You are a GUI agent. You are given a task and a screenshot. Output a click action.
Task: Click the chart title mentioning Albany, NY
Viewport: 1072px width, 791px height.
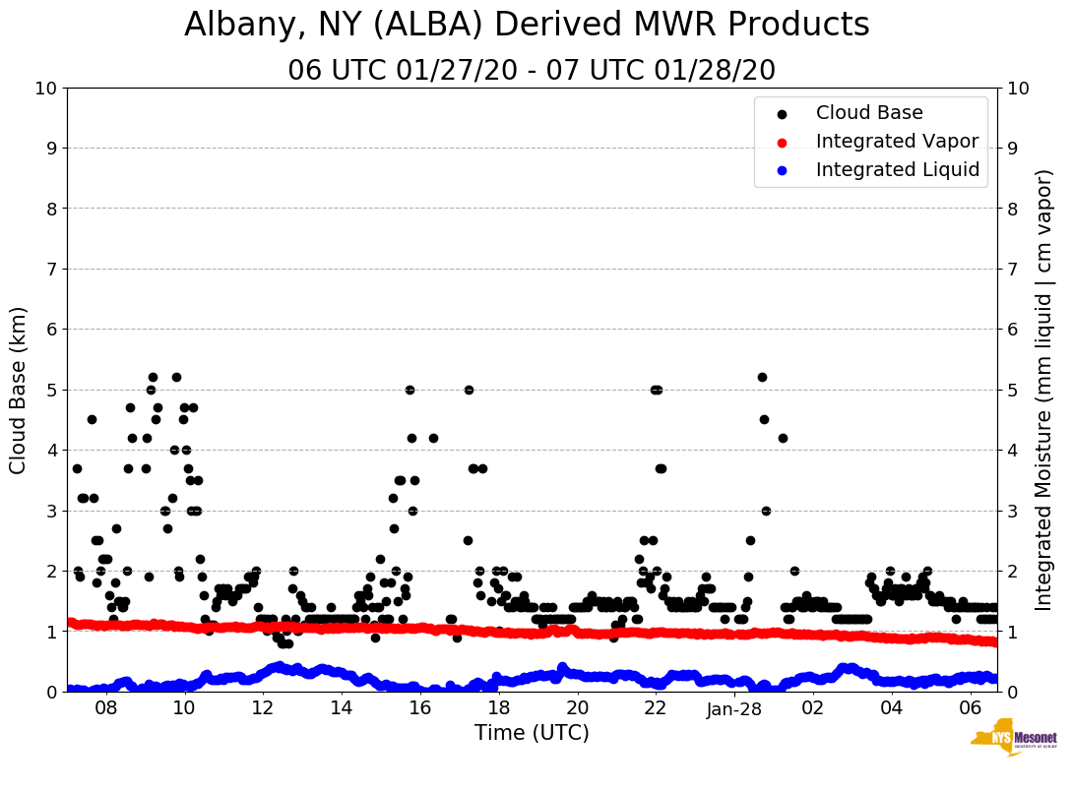click(x=527, y=25)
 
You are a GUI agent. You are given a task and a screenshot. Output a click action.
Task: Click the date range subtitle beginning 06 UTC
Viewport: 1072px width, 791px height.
click(x=532, y=71)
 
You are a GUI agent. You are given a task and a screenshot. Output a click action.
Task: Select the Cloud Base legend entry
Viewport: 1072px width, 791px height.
click(x=869, y=113)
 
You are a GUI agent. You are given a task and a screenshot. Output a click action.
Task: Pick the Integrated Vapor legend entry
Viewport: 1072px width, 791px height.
click(x=897, y=142)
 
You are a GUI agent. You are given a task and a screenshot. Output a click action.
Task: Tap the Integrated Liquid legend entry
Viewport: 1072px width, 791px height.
click(x=898, y=170)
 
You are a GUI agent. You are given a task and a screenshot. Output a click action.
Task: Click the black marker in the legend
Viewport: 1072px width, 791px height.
click(x=783, y=114)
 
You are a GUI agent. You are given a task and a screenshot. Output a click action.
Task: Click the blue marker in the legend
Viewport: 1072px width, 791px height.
click(x=783, y=171)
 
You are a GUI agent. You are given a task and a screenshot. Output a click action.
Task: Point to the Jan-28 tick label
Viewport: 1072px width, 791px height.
click(x=734, y=707)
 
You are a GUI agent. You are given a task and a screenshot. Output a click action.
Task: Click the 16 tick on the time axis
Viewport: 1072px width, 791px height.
click(x=420, y=707)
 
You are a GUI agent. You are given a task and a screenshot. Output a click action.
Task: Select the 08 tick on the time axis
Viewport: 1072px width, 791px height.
click(x=105, y=707)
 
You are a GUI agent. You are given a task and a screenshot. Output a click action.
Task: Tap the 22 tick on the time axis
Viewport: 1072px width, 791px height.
click(x=656, y=707)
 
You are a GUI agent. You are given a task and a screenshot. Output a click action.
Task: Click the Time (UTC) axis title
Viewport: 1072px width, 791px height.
click(x=532, y=733)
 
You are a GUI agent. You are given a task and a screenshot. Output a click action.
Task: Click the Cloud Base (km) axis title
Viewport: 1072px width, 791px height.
click(x=19, y=390)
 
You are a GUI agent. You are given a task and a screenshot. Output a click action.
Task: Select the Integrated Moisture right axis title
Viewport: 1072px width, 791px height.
click(x=1044, y=390)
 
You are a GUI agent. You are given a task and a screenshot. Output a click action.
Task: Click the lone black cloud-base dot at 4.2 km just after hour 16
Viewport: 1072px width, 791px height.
click(x=433, y=438)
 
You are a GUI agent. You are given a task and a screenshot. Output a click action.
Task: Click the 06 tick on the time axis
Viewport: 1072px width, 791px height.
click(x=970, y=707)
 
